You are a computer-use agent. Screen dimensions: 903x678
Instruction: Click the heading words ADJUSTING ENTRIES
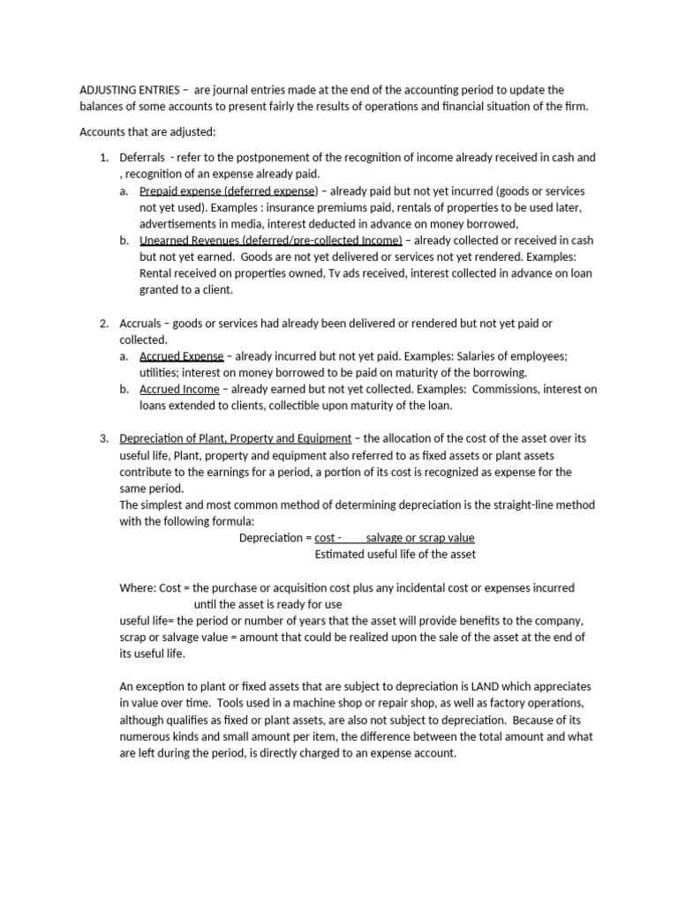[131, 90]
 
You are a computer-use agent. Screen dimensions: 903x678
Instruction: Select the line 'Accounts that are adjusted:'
[147, 132]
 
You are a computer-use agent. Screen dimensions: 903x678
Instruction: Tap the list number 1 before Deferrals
[102, 158]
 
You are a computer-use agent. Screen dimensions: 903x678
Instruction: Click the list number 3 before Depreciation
[102, 438]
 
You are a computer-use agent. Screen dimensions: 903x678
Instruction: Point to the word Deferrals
[142, 158]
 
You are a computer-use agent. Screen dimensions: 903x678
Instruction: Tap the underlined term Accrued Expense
[182, 355]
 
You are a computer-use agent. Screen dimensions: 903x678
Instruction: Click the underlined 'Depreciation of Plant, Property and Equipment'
[235, 438]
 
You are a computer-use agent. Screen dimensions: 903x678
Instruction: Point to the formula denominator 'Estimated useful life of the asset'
[395, 555]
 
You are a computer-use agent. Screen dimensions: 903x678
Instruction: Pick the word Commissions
[501, 389]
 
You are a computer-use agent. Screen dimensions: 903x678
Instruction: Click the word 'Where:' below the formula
[137, 588]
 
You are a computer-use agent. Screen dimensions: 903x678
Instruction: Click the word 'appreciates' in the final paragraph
[559, 686]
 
